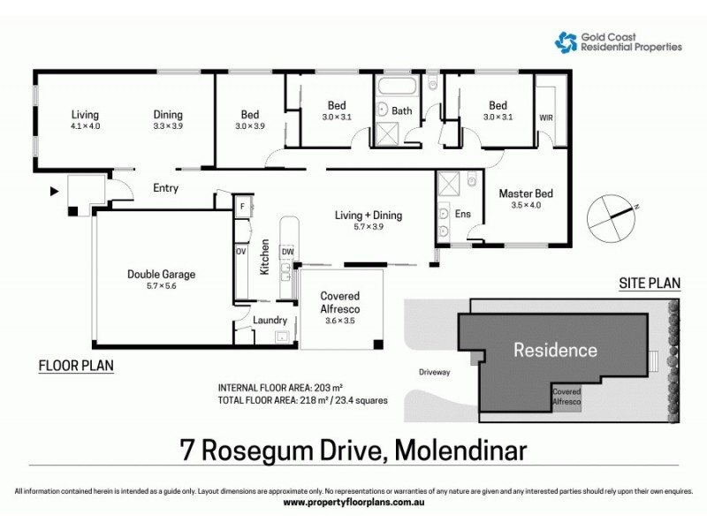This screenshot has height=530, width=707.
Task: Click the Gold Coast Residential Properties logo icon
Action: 566,41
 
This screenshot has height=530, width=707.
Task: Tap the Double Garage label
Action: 161,274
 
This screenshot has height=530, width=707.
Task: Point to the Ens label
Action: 462,213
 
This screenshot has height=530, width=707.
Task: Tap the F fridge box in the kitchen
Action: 241,206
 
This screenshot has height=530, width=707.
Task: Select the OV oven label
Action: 240,252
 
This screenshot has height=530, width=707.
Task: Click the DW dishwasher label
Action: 287,252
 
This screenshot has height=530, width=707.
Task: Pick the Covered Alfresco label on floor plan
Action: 339,302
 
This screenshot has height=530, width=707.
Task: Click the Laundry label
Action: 270,320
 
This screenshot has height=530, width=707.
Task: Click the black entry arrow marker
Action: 53,190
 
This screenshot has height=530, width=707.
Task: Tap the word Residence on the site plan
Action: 555,350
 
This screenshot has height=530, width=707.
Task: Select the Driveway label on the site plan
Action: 435,372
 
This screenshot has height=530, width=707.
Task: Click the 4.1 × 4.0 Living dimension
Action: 86,126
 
